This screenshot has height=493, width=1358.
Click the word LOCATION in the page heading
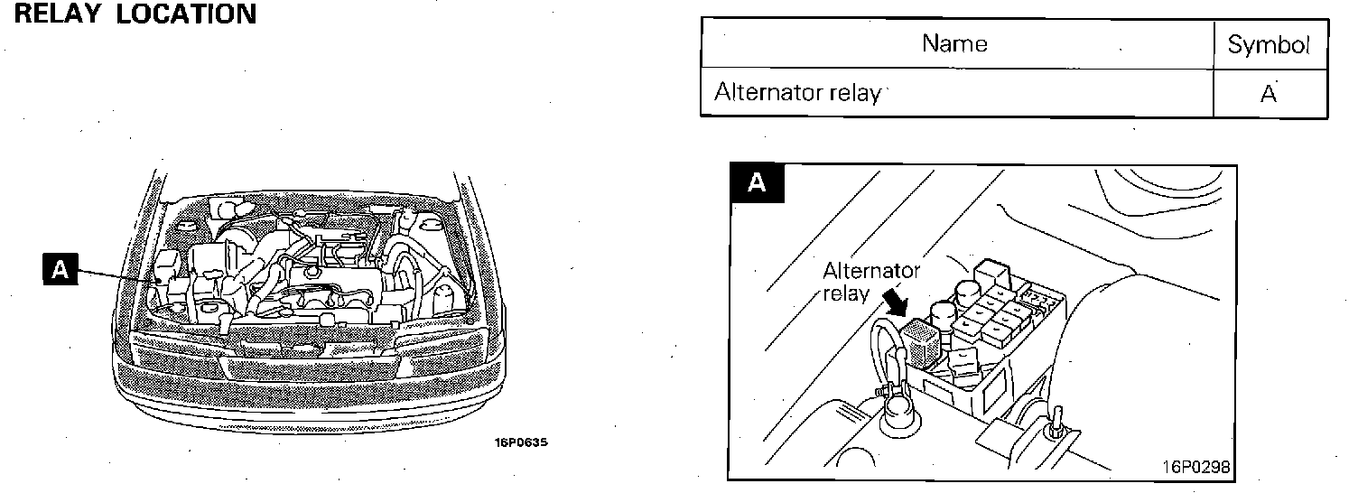click(x=186, y=14)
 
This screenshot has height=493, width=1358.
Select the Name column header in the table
click(x=954, y=43)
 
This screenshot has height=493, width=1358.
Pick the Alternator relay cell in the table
click(x=797, y=93)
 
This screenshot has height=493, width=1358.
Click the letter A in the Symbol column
click(x=1269, y=93)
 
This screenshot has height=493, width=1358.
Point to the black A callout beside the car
click(x=60, y=270)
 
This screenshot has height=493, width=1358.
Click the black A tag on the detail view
click(x=757, y=182)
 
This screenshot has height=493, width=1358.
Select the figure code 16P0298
click(x=1197, y=468)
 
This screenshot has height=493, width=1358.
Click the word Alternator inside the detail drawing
click(x=870, y=272)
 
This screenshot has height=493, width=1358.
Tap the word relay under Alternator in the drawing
click(x=846, y=293)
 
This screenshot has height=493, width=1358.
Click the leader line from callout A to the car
click(x=117, y=274)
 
